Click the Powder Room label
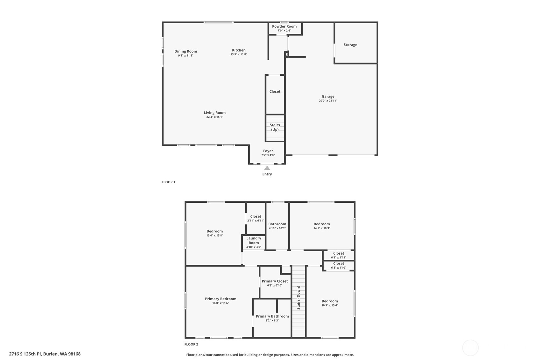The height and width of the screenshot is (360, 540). [284, 26]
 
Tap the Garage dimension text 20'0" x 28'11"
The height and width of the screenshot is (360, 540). [328, 101]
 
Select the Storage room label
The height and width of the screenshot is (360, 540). [350, 45]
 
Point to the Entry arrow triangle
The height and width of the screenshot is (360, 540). [267, 168]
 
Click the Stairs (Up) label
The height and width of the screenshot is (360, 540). [275, 127]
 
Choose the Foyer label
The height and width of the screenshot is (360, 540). [268, 151]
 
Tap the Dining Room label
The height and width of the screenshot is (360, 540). [186, 51]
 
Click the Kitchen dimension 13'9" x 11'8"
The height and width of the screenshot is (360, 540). [239, 54]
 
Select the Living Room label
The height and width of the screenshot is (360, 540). [214, 113]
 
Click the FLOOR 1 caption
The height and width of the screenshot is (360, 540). [168, 182]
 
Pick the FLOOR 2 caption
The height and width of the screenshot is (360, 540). [191, 344]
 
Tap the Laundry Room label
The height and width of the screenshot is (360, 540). [254, 240]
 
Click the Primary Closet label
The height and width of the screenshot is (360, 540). [275, 281]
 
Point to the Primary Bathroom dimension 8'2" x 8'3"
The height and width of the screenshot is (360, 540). [272, 321]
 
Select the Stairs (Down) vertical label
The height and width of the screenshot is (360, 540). [298, 298]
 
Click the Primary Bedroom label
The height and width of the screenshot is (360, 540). [221, 299]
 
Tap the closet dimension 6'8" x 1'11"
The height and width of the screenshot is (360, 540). [338, 258]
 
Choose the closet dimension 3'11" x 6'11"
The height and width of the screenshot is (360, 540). [256, 221]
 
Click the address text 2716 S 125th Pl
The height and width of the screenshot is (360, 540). [25, 354]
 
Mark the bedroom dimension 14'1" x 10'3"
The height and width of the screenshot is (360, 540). [321, 228]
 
